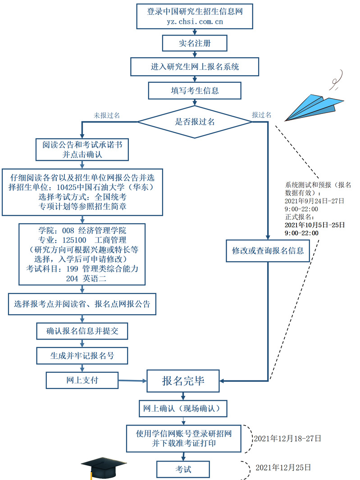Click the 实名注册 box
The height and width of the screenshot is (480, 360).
tap(195, 44)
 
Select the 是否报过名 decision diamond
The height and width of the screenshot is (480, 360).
tap(195, 121)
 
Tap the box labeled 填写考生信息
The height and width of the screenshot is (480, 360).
tap(195, 91)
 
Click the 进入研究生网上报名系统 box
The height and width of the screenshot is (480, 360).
tap(195, 67)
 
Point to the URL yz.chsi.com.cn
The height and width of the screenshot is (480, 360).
tap(195, 21)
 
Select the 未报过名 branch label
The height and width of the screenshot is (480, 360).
tap(106, 115)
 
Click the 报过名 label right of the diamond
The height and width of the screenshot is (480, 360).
tap(261, 115)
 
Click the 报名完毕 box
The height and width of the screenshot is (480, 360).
tap(183, 381)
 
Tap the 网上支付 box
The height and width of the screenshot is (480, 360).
tap(82, 380)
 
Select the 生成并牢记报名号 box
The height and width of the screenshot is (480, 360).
tap(82, 356)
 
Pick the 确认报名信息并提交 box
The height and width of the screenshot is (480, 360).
tap(82, 332)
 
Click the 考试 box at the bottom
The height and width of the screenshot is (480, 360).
tap(183, 469)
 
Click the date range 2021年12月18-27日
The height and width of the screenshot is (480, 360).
tap(287, 438)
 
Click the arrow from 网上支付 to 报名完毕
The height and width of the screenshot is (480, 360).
tap(133, 381)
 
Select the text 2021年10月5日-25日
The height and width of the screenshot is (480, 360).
tap(315, 225)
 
